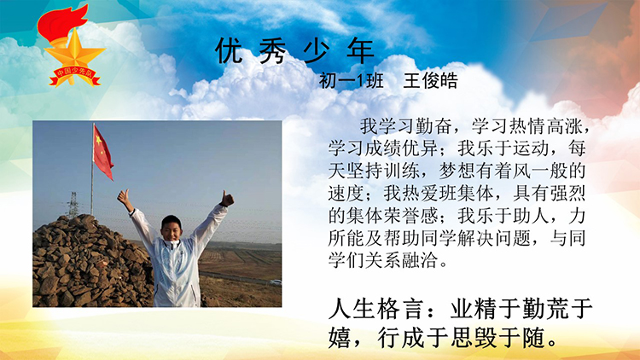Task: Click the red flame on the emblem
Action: point(61,24)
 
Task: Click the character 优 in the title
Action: point(229,50)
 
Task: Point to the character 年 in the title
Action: point(361,50)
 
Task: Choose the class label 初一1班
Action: point(351,81)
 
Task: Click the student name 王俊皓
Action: point(431,81)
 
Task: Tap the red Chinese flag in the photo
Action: point(102,152)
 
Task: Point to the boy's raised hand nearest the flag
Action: point(125,198)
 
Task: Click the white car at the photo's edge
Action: point(276,282)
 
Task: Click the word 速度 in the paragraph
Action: point(346,193)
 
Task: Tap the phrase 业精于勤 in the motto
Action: point(497,310)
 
